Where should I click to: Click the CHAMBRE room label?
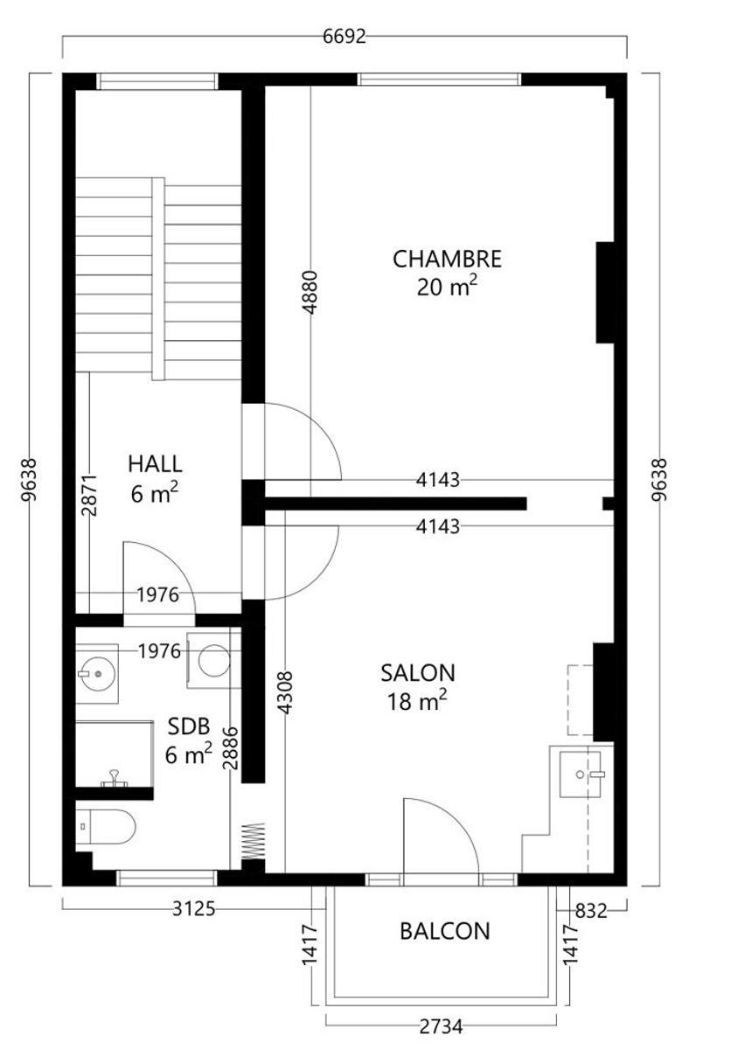[447, 260]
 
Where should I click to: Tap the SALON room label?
[418, 673]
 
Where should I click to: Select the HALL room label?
[155, 464]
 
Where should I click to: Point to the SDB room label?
[189, 726]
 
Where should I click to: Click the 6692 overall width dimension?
[345, 37]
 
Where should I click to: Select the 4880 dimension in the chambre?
[310, 292]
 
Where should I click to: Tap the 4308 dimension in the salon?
[285, 692]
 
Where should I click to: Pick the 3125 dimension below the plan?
[194, 909]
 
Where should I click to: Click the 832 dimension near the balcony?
[591, 911]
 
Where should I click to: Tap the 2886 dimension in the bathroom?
[230, 748]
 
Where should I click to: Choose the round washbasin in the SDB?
[98, 673]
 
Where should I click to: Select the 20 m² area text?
[447, 287]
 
